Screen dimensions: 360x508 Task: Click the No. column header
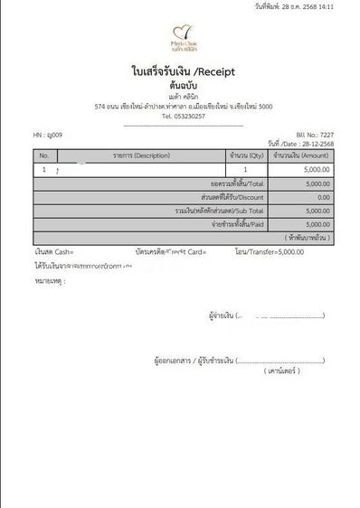click(44, 155)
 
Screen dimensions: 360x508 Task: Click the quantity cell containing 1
click(246, 169)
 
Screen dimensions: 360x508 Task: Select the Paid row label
click(237, 223)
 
